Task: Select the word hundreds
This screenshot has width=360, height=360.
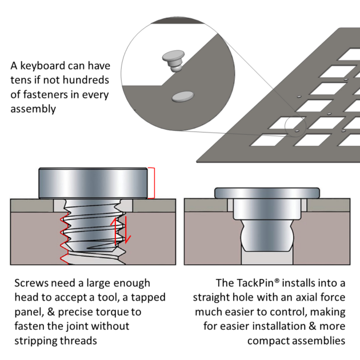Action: [86, 80]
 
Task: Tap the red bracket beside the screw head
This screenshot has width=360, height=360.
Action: [151, 182]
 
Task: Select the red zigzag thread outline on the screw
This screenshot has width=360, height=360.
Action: [62, 234]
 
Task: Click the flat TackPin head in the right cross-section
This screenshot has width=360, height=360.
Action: [266, 192]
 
